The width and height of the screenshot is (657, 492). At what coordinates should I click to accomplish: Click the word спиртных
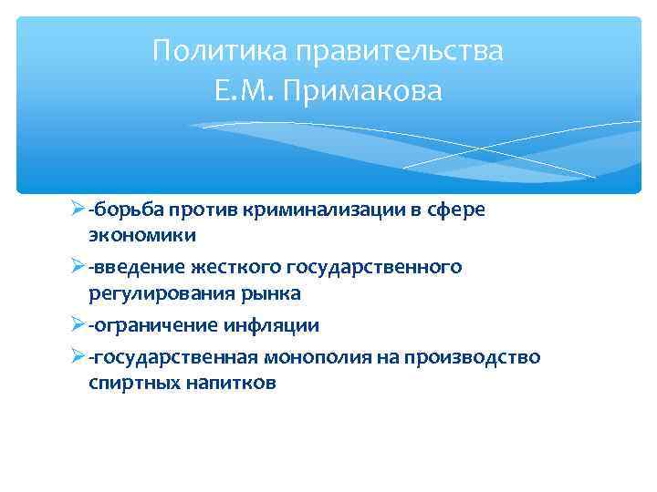coord(134,383)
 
